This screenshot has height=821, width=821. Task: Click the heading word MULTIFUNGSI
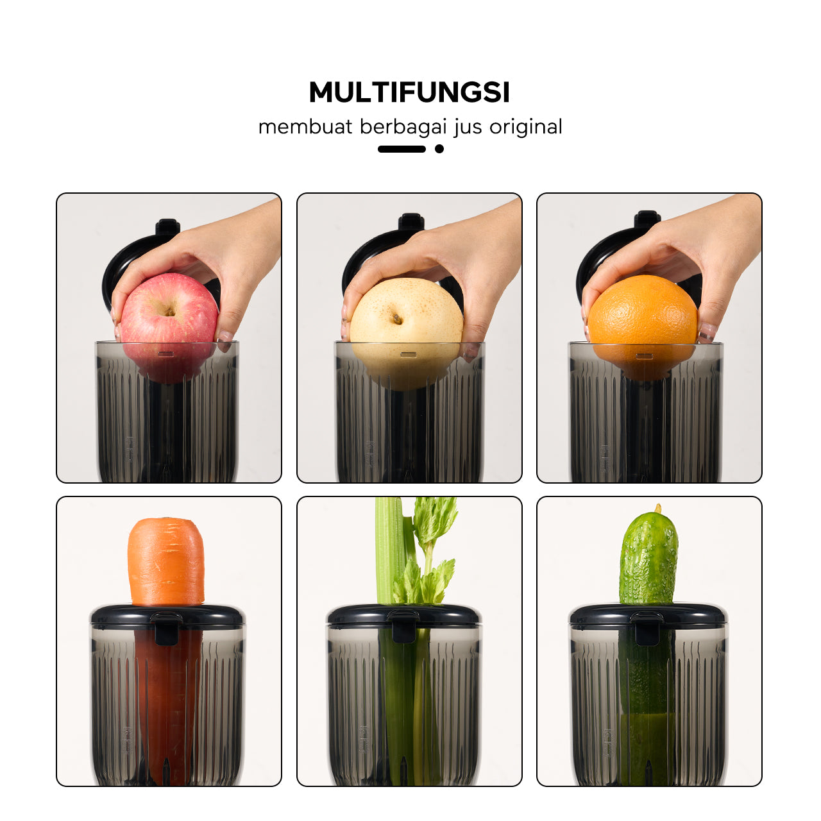pyautogui.click(x=409, y=92)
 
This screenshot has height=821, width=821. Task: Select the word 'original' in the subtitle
pyautogui.click(x=526, y=126)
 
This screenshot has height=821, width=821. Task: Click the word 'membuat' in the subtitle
pyautogui.click(x=305, y=126)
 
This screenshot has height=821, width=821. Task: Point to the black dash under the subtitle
pyautogui.click(x=402, y=149)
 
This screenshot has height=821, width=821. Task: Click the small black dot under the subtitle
pyautogui.click(x=439, y=149)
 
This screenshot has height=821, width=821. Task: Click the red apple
pyautogui.click(x=169, y=326)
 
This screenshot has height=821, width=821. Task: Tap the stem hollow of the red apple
pyautogui.click(x=170, y=312)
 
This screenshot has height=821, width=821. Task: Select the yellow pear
pyautogui.click(x=406, y=332)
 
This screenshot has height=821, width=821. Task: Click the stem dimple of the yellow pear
pyautogui.click(x=397, y=318)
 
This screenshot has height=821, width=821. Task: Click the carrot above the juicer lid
pyautogui.click(x=166, y=561)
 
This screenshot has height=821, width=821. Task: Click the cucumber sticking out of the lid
pyautogui.click(x=648, y=556)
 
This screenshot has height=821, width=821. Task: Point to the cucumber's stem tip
pyautogui.click(x=658, y=507)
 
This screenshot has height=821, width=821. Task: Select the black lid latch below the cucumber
pyautogui.click(x=647, y=629)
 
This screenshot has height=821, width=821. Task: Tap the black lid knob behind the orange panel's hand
pyautogui.click(x=647, y=219)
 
